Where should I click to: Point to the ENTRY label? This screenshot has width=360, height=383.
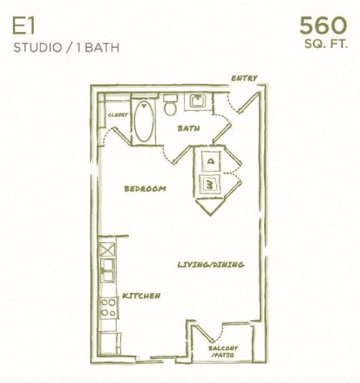coord(244,78)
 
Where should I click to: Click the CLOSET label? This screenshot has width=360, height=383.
coord(118,115)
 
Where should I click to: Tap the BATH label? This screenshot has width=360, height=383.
coord(188,129)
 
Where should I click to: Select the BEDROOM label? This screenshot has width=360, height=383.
coord(145,189)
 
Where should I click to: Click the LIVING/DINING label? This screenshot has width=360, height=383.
coord(211,265)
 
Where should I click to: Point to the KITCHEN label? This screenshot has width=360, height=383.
coord(141,296)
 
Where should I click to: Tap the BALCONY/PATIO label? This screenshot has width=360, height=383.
coord(223,352)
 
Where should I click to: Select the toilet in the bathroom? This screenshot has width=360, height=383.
coord(170,107)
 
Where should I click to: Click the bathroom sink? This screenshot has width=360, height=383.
coord(199,102)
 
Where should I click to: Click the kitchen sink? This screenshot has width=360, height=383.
coord(108,265)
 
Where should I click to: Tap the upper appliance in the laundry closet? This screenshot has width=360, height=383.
coord(211,160)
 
